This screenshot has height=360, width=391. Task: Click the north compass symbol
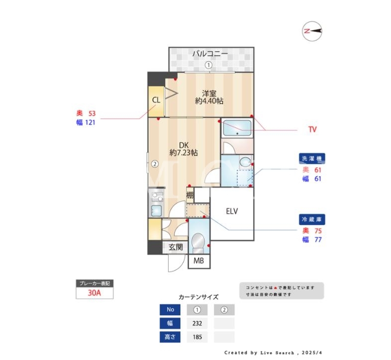point(312,31)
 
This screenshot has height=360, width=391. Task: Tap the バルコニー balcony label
point(210,54)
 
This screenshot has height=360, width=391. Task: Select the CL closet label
point(156,100)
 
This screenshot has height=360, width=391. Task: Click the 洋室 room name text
point(209,94)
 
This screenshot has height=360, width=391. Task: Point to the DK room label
point(184,145)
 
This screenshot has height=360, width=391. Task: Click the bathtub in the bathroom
point(237,128)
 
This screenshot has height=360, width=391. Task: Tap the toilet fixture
point(198,243)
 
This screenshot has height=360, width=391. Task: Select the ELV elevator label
point(232,212)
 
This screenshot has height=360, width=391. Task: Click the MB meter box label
point(199,261)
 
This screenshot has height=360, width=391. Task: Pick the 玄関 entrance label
point(176,247)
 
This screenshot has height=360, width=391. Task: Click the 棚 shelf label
point(190,195)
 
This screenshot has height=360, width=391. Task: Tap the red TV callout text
point(312,129)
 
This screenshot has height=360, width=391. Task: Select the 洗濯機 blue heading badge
point(312,158)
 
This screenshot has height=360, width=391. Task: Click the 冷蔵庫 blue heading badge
point(312,220)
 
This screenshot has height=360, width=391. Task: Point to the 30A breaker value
point(94,293)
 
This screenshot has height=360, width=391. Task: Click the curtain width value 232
point(197,323)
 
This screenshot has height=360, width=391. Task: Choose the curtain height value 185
point(197,337)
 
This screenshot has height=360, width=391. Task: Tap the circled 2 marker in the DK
point(155,164)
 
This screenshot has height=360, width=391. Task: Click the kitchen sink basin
point(156,210)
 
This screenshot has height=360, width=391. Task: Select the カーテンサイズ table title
point(198,297)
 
